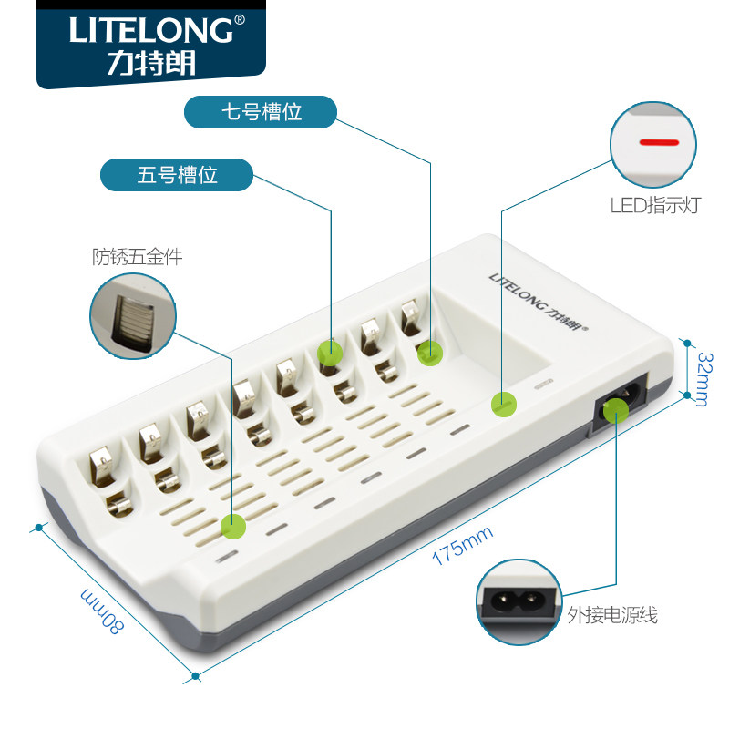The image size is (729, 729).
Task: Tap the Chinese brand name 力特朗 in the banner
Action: (149, 65)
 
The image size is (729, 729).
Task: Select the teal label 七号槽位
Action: (261, 112)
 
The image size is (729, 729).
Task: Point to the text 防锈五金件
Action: (137, 257)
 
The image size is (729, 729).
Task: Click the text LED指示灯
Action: (654, 205)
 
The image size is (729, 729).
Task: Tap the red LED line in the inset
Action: (659, 143)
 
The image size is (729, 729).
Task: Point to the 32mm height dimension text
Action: (702, 377)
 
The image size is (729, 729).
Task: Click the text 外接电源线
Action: (612, 615)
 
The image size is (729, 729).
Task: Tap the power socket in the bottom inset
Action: (517, 601)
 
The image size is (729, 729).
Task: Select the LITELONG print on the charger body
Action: (539, 301)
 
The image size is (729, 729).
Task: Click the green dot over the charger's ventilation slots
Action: (234, 525)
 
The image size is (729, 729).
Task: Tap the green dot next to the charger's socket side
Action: (500, 404)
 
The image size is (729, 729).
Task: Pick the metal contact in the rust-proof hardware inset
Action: (130, 316)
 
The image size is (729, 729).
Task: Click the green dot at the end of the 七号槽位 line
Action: (429, 352)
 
